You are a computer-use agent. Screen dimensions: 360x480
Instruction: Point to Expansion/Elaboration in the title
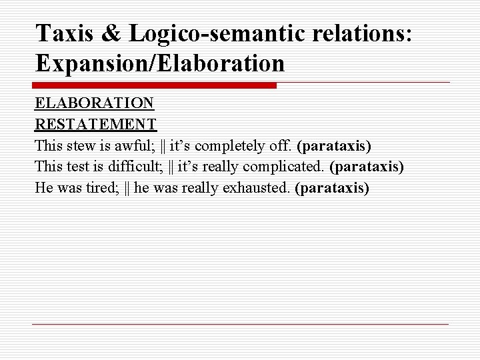pos(160,63)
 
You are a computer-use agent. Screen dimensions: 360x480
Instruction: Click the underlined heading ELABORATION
pos(95,104)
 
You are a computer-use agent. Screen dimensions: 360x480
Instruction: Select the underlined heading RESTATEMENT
pos(96,125)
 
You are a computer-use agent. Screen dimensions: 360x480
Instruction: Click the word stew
pos(81,145)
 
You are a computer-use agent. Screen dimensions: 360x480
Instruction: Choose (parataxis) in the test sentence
pos(367,167)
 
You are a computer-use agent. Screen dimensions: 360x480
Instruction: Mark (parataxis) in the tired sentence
pos(331,187)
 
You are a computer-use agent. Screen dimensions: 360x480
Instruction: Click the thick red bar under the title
pos(154,85)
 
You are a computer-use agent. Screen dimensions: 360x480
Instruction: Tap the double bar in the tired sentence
pos(127,187)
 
